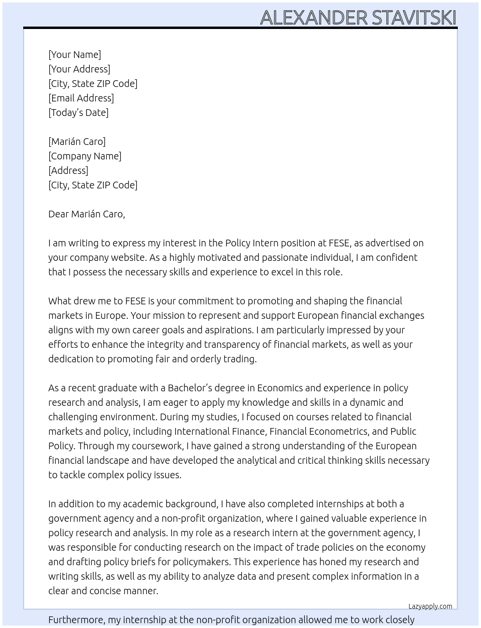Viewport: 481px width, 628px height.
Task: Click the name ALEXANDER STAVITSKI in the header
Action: coord(358,17)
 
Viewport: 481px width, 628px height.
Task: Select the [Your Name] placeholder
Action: coord(74,55)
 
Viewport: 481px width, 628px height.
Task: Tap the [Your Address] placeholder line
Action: coord(79,69)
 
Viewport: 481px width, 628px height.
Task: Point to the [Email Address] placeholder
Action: coord(81,98)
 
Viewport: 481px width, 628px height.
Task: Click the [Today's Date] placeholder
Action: coord(78,113)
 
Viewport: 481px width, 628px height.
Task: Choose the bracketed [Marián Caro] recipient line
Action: coord(77,142)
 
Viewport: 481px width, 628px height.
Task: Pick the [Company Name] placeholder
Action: coord(85,156)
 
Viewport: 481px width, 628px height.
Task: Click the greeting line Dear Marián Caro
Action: coord(86,214)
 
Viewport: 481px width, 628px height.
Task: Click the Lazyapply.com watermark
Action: coord(430,606)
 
